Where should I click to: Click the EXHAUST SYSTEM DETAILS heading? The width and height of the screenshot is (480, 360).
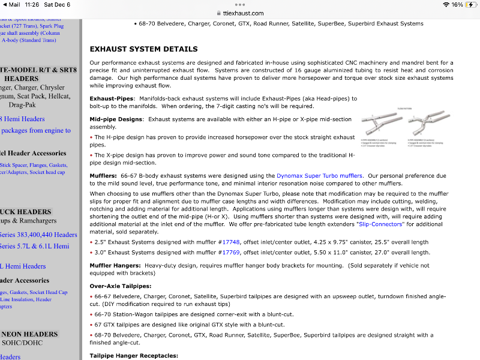click(x=143, y=49)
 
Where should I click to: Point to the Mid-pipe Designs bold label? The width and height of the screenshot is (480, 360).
click(x=116, y=119)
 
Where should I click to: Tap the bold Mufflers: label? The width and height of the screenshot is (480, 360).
click(x=104, y=176)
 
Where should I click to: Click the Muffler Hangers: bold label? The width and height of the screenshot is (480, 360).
click(x=116, y=265)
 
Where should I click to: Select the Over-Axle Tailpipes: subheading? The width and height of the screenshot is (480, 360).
click(x=121, y=286)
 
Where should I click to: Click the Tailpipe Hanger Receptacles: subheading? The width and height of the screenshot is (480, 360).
click(x=134, y=356)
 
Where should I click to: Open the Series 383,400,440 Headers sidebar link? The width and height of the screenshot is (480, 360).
click(x=38, y=235)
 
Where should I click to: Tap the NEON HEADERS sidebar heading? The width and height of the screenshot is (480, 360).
click(x=29, y=334)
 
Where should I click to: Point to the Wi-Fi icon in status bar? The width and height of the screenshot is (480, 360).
click(x=446, y=4)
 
